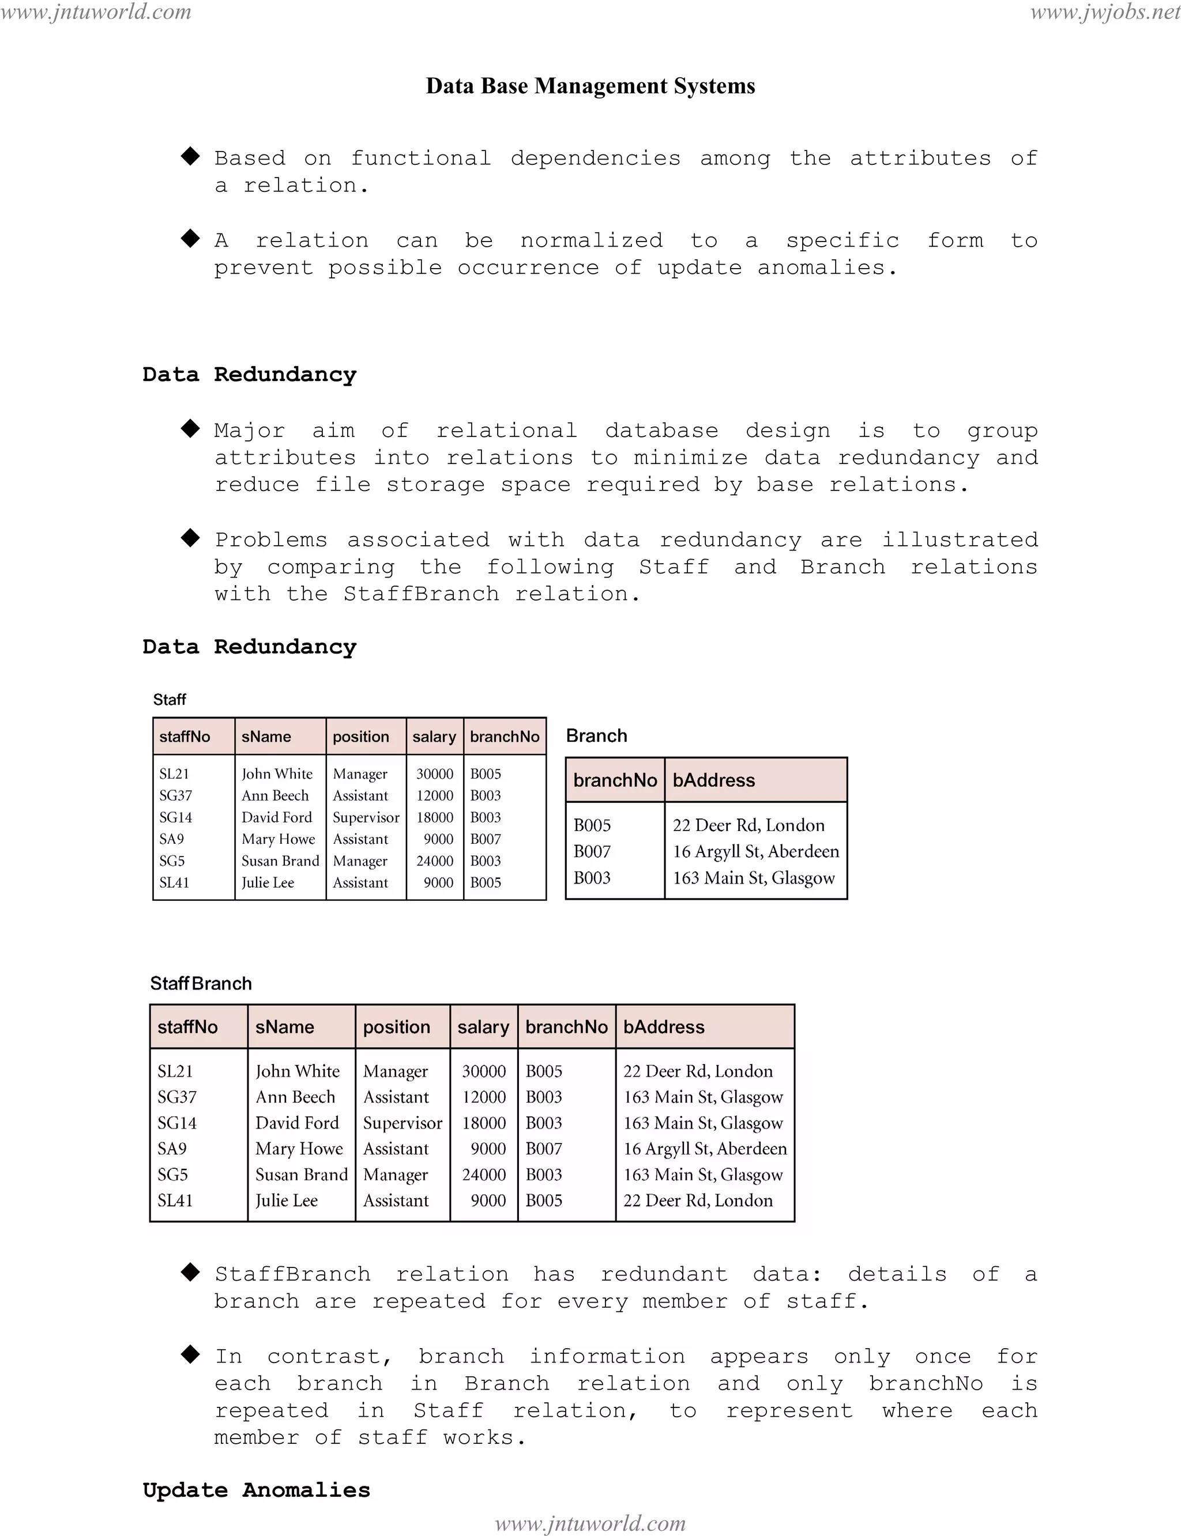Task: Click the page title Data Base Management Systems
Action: (x=590, y=86)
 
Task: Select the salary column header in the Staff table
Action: (x=434, y=737)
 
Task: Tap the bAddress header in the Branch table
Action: (x=713, y=780)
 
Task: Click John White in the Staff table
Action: (x=277, y=773)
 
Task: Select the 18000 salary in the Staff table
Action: (x=434, y=817)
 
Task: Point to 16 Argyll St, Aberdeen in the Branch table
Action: (x=755, y=852)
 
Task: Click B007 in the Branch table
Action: (x=592, y=852)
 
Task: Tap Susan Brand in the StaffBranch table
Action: (x=302, y=1174)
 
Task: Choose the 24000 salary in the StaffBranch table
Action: (x=484, y=1174)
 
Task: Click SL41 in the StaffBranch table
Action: (x=175, y=1200)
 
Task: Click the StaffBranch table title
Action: (x=201, y=983)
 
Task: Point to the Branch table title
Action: (x=596, y=735)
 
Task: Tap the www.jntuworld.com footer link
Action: (x=590, y=1523)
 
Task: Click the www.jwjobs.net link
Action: (x=1105, y=12)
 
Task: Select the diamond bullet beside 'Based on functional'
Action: (x=190, y=156)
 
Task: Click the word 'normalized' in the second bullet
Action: (x=591, y=240)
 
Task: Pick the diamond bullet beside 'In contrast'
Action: (x=190, y=1354)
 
